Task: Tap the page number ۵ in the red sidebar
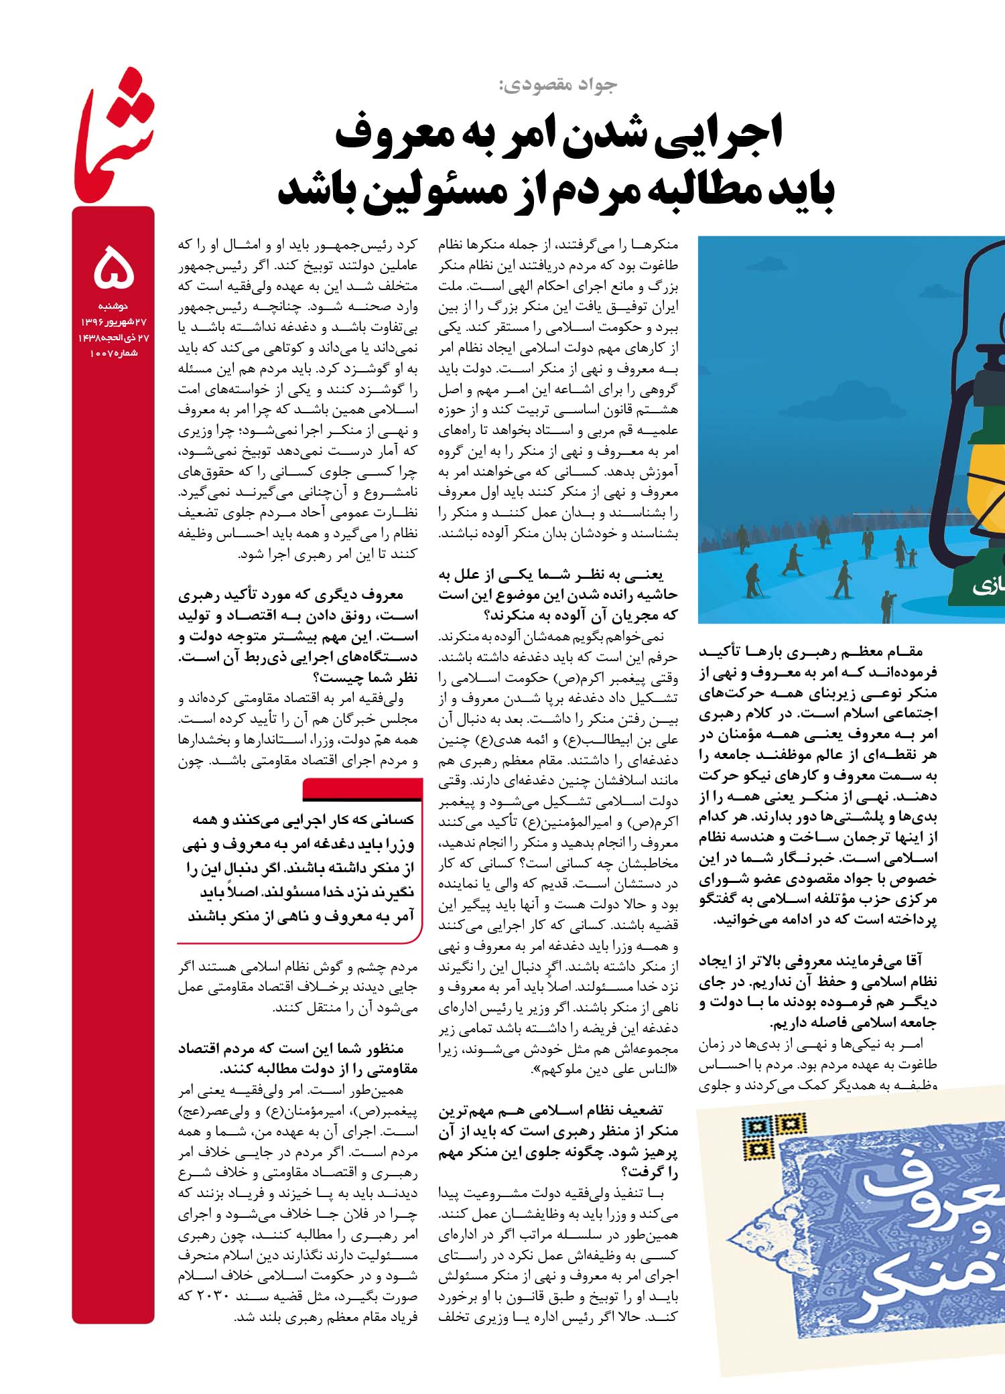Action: point(114,266)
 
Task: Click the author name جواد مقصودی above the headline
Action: point(557,84)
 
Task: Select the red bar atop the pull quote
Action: point(362,789)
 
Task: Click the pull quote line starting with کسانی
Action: point(304,820)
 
